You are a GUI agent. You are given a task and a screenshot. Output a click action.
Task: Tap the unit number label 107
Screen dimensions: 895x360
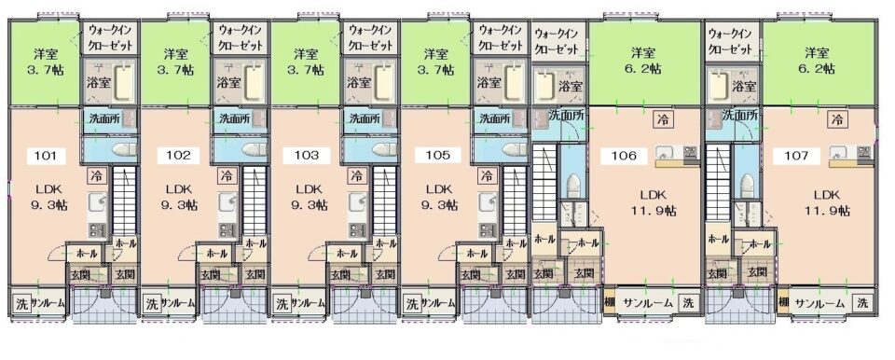(797, 156)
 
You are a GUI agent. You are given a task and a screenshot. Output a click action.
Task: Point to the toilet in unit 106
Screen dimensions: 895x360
(572, 186)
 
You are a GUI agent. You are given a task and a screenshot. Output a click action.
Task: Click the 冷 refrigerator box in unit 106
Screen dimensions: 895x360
(663, 119)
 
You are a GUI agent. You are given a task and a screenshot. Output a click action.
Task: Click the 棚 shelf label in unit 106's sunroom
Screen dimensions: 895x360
(610, 303)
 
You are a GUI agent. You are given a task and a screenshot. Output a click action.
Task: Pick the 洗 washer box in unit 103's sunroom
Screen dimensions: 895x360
(282, 303)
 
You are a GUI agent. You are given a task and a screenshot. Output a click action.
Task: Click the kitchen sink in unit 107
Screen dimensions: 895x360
(837, 152)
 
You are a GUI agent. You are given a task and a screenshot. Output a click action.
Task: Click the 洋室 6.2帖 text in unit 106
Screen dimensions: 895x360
(646, 61)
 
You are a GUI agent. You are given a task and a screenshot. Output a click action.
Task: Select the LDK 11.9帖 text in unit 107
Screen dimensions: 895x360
(827, 202)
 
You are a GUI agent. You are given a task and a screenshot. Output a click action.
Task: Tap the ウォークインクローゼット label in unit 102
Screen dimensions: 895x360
(240, 36)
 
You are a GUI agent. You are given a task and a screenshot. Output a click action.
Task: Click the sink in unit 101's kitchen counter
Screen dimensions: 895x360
(97, 201)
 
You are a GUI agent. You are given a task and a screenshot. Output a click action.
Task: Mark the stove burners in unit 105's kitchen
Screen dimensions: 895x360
(487, 229)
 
